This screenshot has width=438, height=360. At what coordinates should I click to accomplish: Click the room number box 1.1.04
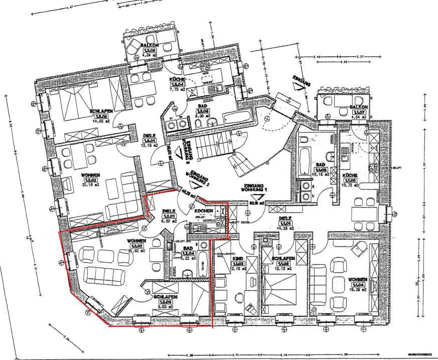[358, 285]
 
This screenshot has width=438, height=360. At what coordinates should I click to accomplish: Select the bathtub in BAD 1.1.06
[305, 160]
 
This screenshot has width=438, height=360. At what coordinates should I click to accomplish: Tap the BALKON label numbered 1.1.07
[358, 107]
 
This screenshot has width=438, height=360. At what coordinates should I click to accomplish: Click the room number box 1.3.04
[179, 85]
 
